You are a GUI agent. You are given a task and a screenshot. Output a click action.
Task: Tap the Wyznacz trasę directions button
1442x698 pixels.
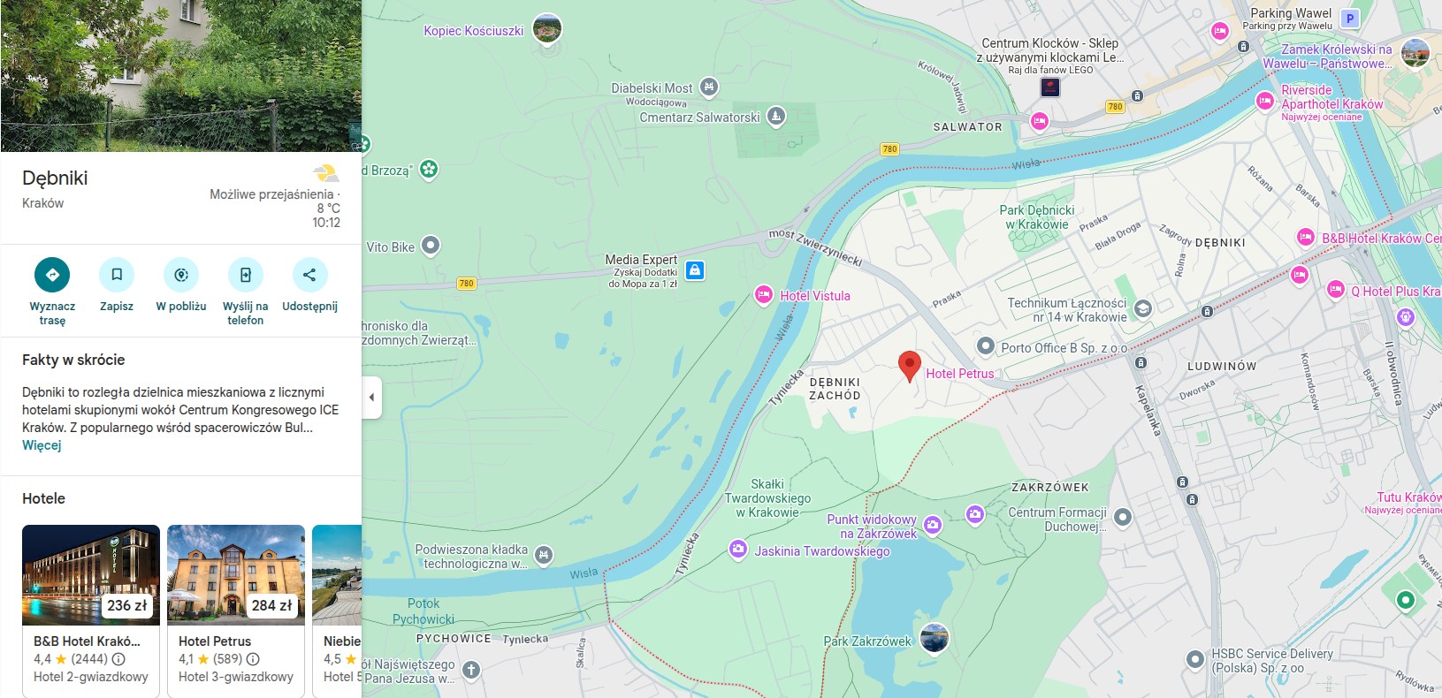[x=52, y=275]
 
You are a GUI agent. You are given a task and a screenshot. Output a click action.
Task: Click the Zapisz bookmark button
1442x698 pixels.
[x=117, y=275]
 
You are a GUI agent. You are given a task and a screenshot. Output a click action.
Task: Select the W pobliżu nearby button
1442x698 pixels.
[x=181, y=275]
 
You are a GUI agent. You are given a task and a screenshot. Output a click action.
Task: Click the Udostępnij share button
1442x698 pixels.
[x=309, y=275]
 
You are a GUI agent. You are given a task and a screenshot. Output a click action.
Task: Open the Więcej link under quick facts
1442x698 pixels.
[x=42, y=445]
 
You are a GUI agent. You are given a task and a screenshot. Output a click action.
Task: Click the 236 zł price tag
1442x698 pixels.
[x=127, y=605]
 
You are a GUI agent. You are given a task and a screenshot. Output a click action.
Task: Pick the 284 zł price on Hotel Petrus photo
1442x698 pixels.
[x=272, y=605]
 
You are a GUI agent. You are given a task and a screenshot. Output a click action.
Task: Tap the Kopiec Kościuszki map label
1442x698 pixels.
[x=474, y=31]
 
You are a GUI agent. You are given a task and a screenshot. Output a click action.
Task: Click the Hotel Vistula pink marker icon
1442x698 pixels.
[x=764, y=295]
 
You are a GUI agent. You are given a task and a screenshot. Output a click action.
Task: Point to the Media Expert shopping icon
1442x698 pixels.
[x=695, y=270]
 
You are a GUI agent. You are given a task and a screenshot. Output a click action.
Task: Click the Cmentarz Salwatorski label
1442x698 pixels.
[x=699, y=117]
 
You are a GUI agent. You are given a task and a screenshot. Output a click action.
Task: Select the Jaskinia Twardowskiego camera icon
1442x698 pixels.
[x=738, y=550]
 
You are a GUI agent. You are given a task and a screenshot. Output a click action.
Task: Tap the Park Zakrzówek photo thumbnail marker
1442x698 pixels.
[x=935, y=637]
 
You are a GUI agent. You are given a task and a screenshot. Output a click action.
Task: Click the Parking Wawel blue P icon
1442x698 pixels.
[x=1349, y=18]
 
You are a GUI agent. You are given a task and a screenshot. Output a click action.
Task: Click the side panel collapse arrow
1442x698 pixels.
[x=371, y=398]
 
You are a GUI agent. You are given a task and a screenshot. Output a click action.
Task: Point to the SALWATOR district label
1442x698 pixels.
[x=967, y=127]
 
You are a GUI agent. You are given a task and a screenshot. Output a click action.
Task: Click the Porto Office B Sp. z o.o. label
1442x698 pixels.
[x=1063, y=348]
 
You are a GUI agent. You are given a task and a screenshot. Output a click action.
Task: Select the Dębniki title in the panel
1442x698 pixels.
[x=55, y=178]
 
